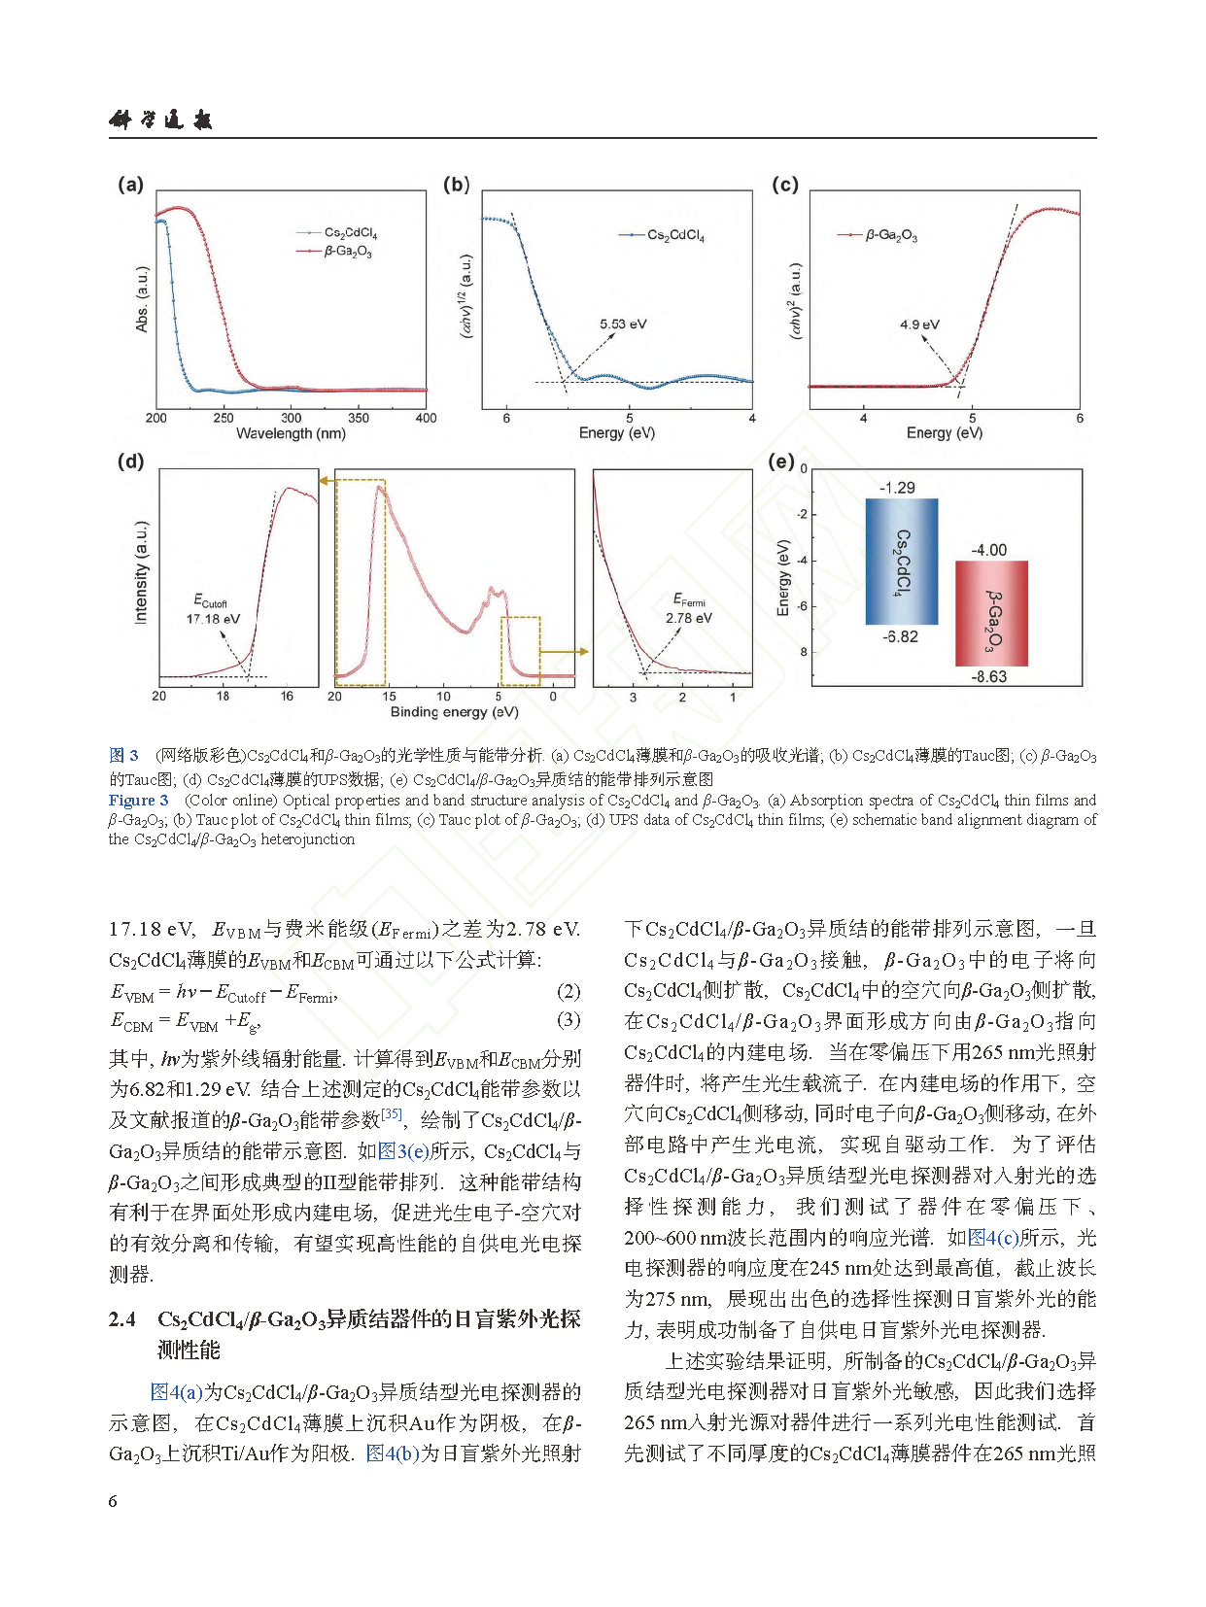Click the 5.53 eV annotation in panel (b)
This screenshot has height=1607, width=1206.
click(x=623, y=325)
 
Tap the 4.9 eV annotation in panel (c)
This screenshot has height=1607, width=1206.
click(x=919, y=325)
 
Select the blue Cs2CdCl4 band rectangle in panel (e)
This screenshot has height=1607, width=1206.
click(x=902, y=562)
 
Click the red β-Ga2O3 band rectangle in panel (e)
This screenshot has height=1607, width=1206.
click(x=991, y=614)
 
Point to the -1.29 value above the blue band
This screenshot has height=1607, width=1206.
click(x=897, y=488)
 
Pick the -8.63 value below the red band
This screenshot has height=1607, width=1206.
click(x=988, y=677)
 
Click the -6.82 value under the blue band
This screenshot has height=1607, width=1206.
click(x=900, y=637)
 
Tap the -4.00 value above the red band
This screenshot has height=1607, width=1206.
click(x=989, y=550)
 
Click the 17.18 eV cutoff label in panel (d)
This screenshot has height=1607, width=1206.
click(x=213, y=619)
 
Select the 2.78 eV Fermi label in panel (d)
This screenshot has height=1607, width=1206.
click(x=688, y=618)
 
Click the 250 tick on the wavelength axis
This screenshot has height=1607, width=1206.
click(x=224, y=419)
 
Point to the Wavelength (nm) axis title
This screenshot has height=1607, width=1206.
click(x=291, y=433)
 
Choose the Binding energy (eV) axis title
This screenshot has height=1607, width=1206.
click(x=454, y=712)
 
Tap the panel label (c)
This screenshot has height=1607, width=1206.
click(x=784, y=185)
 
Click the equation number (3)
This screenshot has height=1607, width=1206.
click(x=569, y=1019)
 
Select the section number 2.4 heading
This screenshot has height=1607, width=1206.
click(x=122, y=1318)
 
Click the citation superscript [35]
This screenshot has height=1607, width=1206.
click(x=392, y=1113)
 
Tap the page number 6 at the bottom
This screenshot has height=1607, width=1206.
click(x=113, y=1501)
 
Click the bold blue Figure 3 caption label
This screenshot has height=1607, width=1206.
click(x=138, y=801)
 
